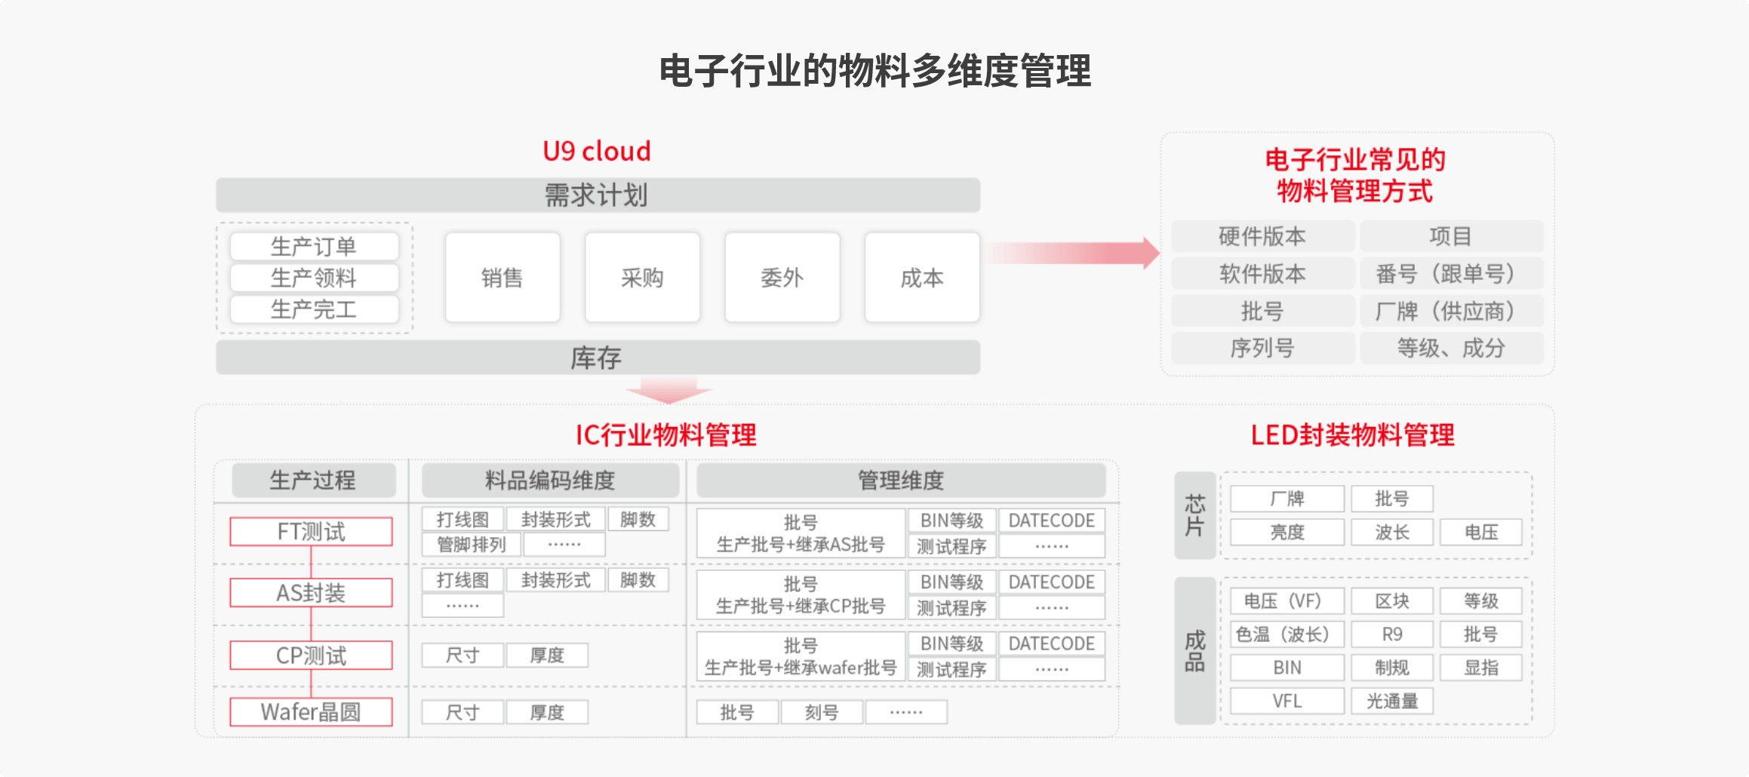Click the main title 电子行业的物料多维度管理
874,71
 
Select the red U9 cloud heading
596,152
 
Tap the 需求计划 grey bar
598,195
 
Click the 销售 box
502,278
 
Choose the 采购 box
642,278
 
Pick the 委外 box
782,278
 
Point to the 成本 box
921,278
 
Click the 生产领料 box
314,278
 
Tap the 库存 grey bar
598,358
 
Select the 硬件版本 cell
1262,236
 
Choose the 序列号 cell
1262,348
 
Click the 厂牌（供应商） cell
1451,311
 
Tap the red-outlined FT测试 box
311,531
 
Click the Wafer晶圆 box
311,711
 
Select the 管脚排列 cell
471,544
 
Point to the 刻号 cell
821,711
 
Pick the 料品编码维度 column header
549,480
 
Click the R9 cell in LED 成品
1391,634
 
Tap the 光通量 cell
1391,701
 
